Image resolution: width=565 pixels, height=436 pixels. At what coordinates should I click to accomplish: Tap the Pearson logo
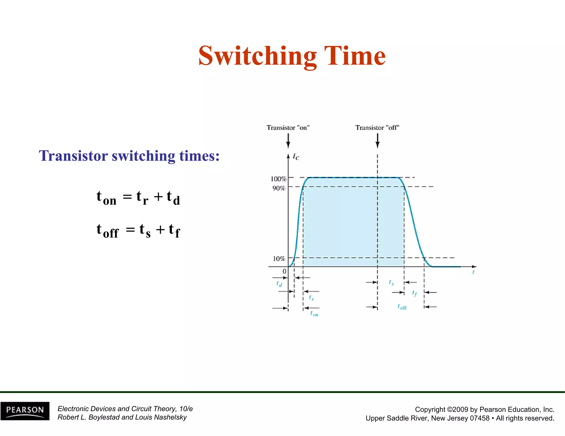[25, 411]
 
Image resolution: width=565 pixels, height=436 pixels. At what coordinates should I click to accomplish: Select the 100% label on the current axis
[279, 179]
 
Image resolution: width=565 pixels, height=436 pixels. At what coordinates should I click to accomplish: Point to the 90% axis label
[279, 188]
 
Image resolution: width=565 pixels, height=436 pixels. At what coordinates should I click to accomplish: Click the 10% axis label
[279, 259]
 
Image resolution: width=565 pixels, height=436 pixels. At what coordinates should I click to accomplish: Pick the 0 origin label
[284, 271]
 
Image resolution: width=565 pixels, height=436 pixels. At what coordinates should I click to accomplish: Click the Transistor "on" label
[288, 128]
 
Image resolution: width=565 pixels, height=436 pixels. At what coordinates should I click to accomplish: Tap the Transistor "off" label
[377, 128]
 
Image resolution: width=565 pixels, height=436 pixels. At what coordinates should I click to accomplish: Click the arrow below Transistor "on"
[288, 141]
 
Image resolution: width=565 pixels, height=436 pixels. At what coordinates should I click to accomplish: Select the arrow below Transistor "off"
[377, 141]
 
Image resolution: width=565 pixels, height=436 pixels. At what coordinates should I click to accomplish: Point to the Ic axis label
[296, 157]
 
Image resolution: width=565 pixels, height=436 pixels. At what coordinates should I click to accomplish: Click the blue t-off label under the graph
[402, 307]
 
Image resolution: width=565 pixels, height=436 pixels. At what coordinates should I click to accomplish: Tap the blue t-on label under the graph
[314, 314]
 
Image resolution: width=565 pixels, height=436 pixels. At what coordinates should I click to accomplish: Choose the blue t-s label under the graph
[391, 283]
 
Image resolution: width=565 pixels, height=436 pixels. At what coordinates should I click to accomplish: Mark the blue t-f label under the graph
[414, 293]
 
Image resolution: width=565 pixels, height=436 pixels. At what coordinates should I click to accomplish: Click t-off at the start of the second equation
[107, 230]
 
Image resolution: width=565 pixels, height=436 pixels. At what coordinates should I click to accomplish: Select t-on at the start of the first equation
[106, 198]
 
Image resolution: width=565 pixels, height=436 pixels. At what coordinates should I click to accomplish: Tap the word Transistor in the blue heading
[73, 156]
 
